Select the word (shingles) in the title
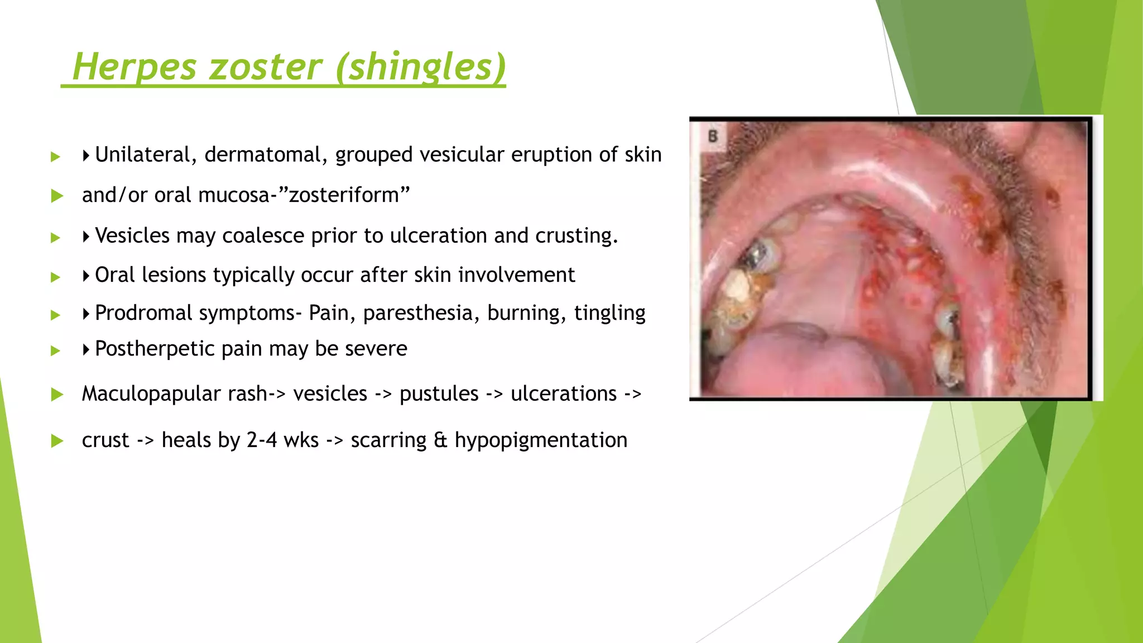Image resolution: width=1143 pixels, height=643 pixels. click(421, 67)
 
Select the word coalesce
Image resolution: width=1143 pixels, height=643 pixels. click(263, 236)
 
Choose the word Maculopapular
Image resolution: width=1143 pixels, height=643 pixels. click(174, 394)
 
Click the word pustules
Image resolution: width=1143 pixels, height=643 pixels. click(439, 394)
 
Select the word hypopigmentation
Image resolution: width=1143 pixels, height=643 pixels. click(541, 440)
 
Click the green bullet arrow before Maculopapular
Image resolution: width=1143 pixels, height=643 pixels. click(56, 395)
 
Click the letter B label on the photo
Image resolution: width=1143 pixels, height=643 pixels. click(713, 136)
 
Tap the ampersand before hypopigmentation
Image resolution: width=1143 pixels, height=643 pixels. click(440, 440)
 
